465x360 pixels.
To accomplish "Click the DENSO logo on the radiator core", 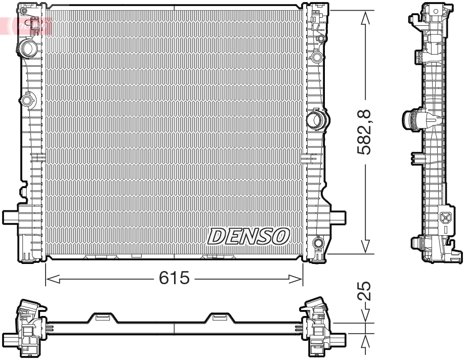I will [x=248, y=236].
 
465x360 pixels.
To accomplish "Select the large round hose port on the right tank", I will [x=317, y=120].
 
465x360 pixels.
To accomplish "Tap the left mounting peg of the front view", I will [x=11, y=217].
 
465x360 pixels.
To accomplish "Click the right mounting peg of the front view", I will [x=338, y=217].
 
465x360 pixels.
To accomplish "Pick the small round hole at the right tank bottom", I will [x=318, y=244].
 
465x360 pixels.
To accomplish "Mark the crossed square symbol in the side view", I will [x=446, y=218].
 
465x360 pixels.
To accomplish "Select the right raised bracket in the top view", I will [x=219, y=318].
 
